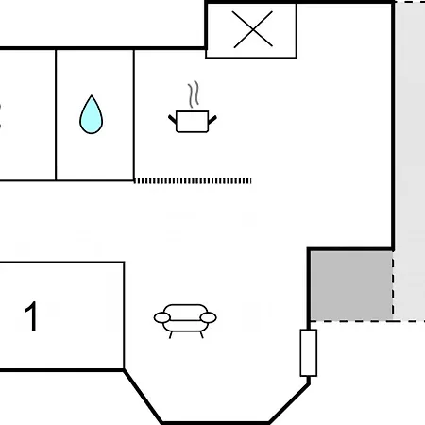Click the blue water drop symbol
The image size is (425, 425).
point(91,115)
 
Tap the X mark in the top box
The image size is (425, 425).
point(253,29)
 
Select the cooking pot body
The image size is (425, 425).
point(193,122)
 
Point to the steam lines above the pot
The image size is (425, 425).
point(194,93)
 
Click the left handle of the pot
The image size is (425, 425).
point(172,119)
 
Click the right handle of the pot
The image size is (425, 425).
point(212,120)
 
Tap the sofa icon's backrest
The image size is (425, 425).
point(185,310)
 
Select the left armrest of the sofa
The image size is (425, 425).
point(162,317)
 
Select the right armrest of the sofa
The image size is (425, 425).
point(209,317)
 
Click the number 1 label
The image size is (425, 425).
point(32,315)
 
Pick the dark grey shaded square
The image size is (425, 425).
point(351,285)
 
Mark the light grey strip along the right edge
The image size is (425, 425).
point(409,161)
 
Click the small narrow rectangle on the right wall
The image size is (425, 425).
point(309,353)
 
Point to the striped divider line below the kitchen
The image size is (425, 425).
point(193,180)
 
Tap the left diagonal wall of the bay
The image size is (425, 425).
point(144,397)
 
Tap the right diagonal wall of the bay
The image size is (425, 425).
point(289,403)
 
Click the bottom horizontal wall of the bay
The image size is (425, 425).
point(215,423)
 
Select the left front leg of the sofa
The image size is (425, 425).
point(171,335)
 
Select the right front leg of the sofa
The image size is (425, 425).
point(202,335)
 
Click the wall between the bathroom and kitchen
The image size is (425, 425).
point(134,115)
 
